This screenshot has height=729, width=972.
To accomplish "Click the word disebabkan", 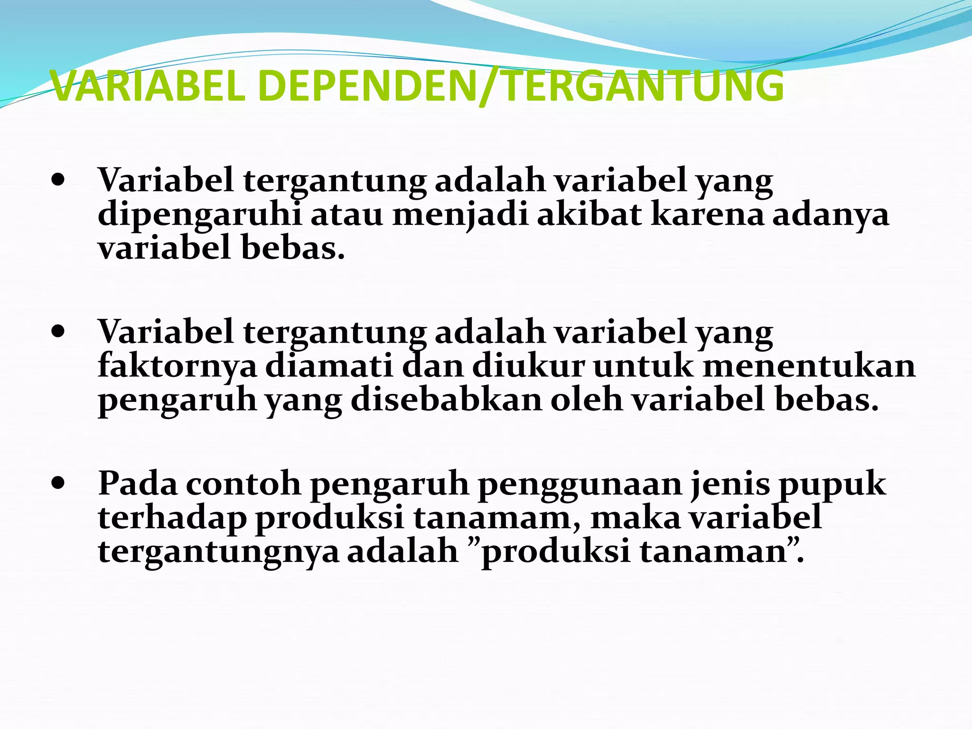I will (446, 400).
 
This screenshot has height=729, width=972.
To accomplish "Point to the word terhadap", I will (172, 518).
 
